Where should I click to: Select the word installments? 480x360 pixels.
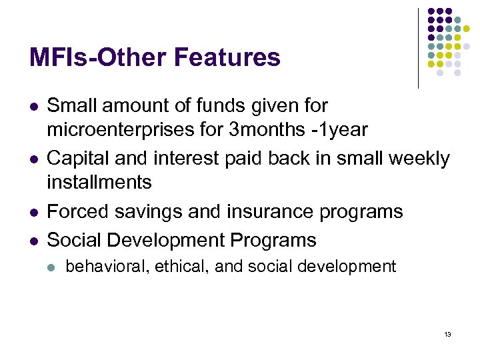click(x=99, y=181)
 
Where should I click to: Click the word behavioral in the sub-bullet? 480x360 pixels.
click(x=107, y=267)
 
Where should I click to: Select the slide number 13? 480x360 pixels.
click(x=447, y=334)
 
